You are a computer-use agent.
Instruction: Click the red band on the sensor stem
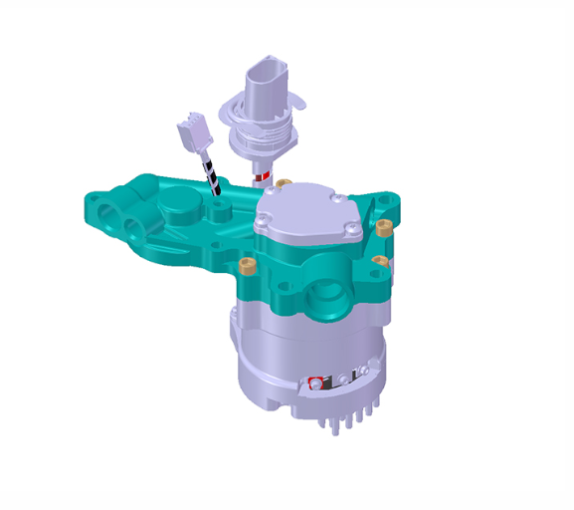click(263, 178)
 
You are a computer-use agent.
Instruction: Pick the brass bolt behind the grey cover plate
click(284, 184)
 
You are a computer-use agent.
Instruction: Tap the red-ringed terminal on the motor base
click(316, 382)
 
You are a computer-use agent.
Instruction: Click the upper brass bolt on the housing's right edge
click(385, 227)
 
